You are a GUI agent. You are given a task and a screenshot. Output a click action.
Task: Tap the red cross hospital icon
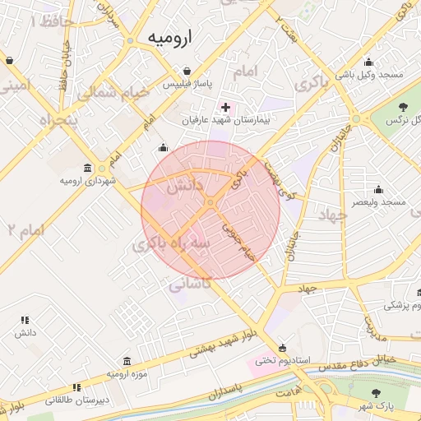tap(226, 107)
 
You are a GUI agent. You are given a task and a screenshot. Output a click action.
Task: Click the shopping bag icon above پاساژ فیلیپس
tap(188, 71)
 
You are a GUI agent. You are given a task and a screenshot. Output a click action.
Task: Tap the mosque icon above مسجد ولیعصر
tap(378, 189)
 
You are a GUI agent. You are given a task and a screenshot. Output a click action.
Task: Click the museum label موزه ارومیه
tap(126, 374)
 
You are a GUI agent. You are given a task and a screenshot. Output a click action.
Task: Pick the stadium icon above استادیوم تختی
tap(284, 347)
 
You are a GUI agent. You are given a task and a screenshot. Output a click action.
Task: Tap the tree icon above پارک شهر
tap(377, 394)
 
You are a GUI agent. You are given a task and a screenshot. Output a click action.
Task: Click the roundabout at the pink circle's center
tap(210, 202)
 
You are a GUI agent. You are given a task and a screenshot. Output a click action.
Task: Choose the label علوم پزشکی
tap(404, 305)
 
